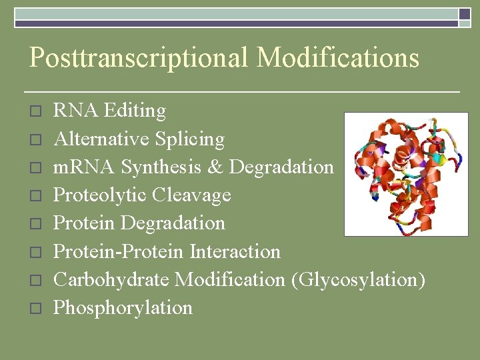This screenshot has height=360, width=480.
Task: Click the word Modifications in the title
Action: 338,57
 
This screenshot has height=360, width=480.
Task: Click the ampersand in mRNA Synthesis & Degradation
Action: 214,167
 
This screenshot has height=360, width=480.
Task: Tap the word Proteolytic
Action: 100,195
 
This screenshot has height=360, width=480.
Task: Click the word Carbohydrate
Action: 111,279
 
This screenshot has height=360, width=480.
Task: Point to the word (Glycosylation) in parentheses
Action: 358,280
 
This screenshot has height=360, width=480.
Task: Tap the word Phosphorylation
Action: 123,308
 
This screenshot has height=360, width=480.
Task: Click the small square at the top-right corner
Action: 465,14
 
